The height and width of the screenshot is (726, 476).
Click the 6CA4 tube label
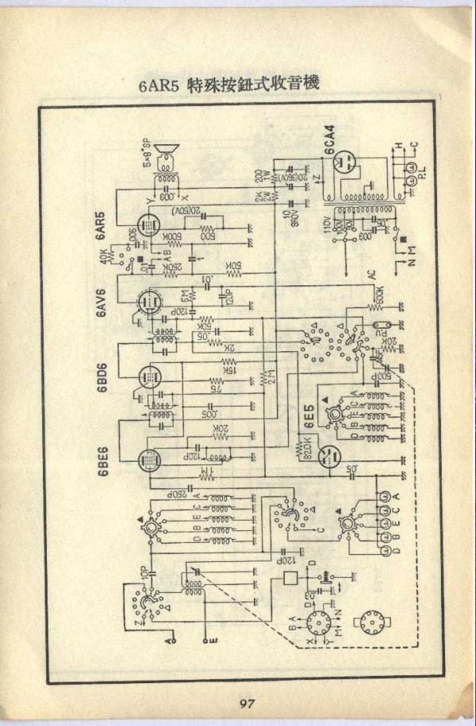coord(329,141)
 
